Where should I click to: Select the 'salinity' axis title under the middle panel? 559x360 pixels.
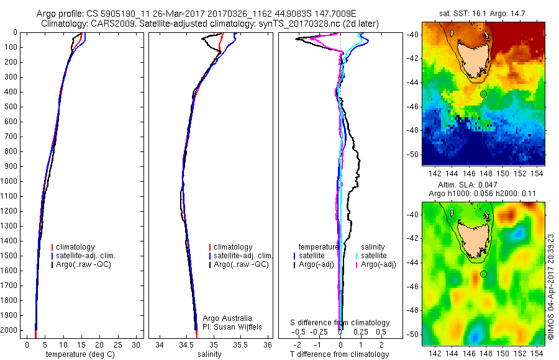pyautogui.click(x=210, y=354)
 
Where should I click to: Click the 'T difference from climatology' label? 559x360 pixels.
pyautogui.click(x=340, y=354)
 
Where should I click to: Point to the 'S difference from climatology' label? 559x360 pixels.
pyautogui.click(x=340, y=323)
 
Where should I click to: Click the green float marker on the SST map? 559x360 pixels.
pyautogui.click(x=483, y=94)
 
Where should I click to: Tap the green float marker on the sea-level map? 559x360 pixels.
pyautogui.click(x=483, y=274)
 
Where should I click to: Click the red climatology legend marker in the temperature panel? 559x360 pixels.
pyautogui.click(x=53, y=246)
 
